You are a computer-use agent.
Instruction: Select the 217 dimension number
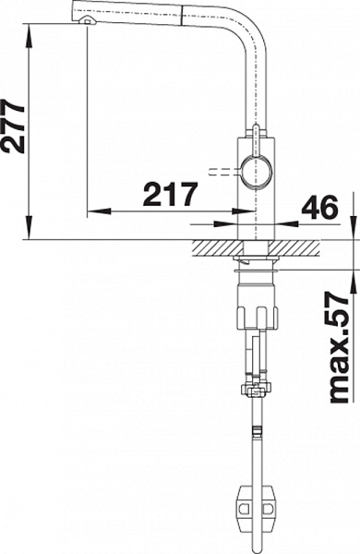(170, 195)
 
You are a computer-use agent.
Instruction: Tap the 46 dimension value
(319, 207)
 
